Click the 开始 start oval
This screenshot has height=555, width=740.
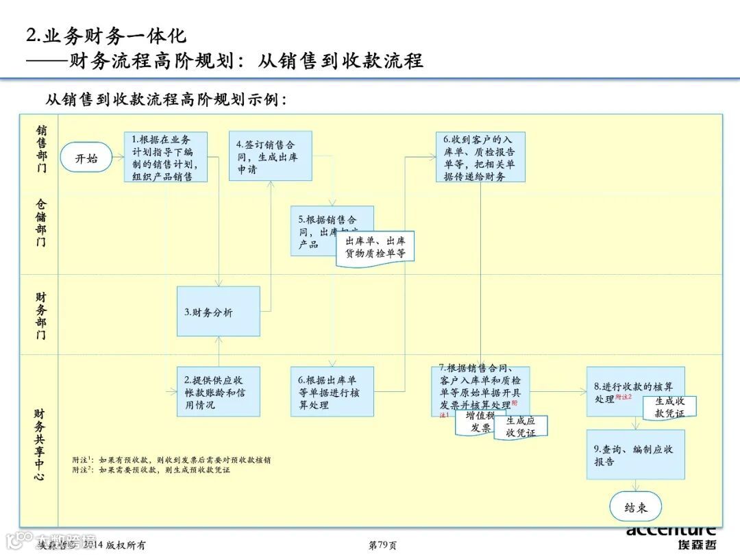pos(86,158)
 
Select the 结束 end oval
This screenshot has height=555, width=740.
pos(636,508)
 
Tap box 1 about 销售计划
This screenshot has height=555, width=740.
pos(166,157)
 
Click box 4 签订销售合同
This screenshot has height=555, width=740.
pos(270,156)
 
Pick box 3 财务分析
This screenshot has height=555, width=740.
pos(218,312)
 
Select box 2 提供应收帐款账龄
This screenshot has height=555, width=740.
pos(218,392)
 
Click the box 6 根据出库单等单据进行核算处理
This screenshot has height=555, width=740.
pos(332,392)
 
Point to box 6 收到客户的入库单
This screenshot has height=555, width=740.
pos(480,157)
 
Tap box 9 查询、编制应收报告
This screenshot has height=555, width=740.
pos(635,455)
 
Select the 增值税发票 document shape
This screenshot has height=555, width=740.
pos(480,423)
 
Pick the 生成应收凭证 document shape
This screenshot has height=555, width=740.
pos(521,426)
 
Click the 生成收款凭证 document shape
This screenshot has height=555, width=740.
pos(669,407)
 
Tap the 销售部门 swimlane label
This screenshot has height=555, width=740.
pos(42,149)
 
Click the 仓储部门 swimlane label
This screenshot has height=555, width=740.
pos(42,223)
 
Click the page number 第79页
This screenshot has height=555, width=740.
pos(382,545)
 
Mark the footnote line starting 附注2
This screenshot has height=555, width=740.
pos(151,470)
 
